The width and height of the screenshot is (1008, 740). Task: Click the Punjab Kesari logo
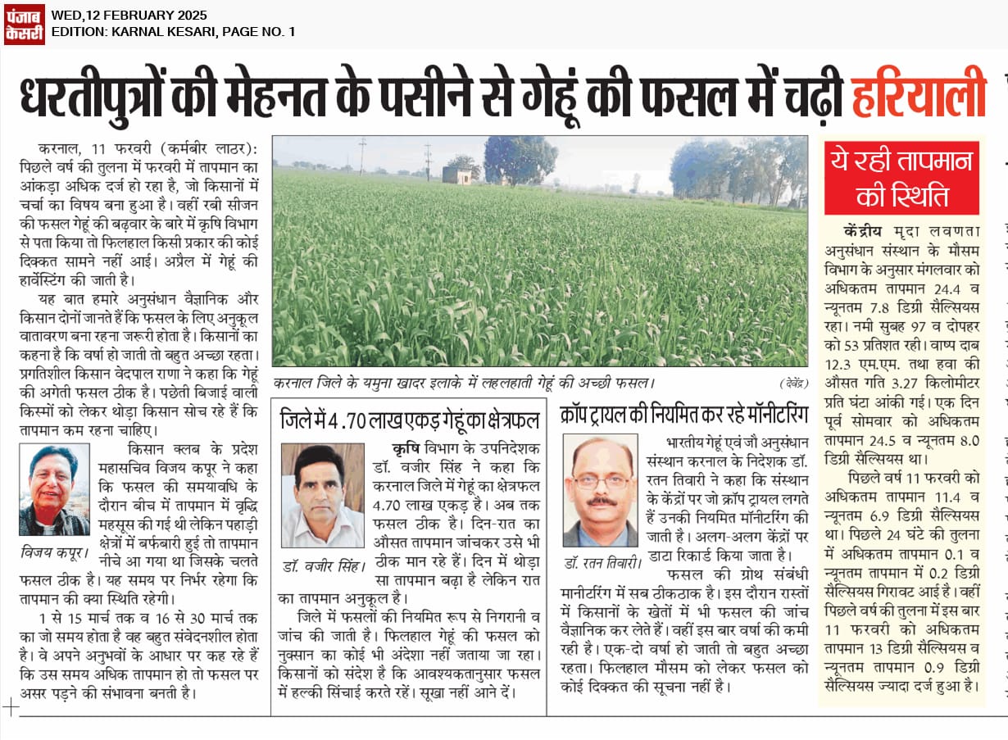(25, 25)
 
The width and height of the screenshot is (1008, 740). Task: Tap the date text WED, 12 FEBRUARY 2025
(129, 16)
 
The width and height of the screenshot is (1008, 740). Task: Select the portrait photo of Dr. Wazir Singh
(322, 495)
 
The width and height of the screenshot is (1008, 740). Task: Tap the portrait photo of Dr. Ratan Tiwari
(600, 490)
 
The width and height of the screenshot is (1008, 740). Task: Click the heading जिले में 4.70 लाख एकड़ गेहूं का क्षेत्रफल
(410, 418)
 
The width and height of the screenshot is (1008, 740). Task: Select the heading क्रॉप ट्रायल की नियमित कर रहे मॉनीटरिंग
(684, 412)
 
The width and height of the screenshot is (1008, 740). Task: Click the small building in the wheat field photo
(456, 175)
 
